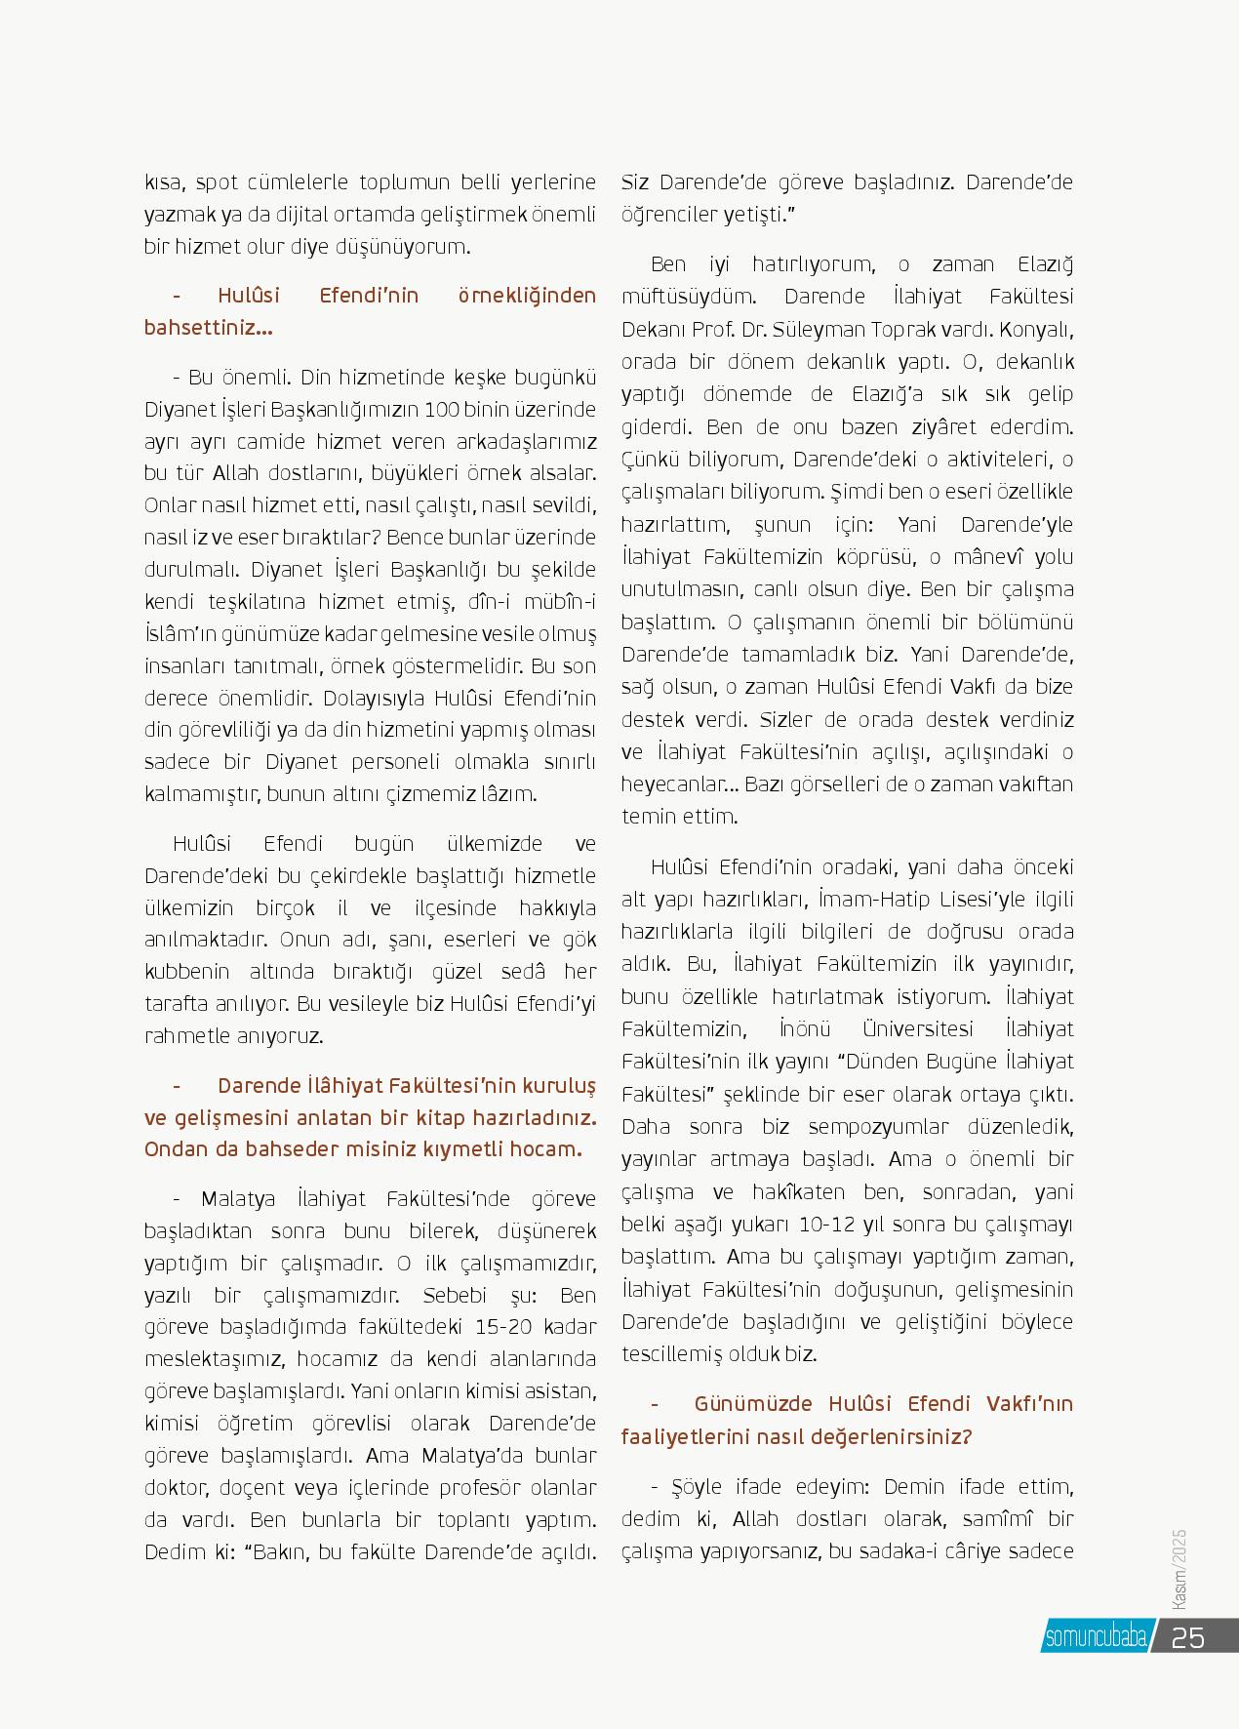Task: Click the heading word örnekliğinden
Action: [527, 296]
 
